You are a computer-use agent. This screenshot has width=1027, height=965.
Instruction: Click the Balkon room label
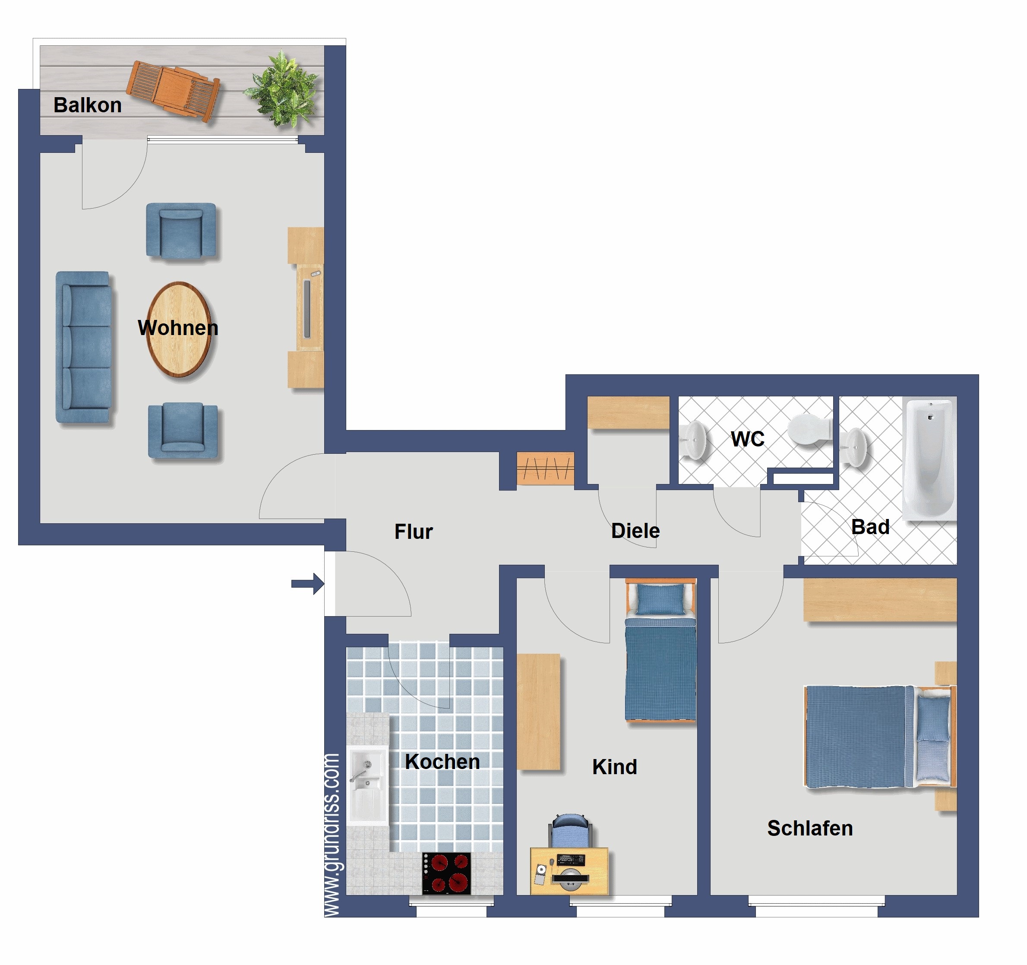click(88, 105)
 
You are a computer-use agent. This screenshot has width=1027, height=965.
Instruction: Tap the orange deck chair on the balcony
click(174, 90)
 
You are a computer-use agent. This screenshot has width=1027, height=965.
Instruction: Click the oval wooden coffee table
click(179, 329)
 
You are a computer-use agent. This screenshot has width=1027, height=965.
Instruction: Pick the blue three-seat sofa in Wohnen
click(84, 347)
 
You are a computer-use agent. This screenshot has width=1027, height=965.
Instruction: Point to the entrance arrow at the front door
click(308, 584)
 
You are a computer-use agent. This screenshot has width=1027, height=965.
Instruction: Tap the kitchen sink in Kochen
click(367, 785)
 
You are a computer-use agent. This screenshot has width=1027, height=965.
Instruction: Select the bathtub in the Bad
click(929, 459)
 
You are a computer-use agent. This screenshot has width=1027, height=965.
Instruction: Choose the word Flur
click(413, 532)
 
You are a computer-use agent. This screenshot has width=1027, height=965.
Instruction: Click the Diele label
click(635, 531)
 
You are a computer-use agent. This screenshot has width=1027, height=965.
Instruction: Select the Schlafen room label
click(809, 829)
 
